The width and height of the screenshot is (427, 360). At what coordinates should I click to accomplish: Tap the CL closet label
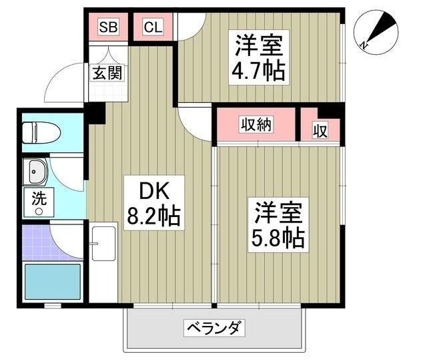pos(152,27)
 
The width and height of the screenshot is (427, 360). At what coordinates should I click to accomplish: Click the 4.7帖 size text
pos(259,70)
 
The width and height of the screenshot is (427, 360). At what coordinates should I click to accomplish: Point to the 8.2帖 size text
pos(155,217)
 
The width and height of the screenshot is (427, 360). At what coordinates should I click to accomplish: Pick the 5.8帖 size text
pos(279,237)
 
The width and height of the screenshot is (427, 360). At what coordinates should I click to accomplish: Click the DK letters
pos(153,191)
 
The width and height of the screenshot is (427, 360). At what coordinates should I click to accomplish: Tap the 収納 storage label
pos(256,125)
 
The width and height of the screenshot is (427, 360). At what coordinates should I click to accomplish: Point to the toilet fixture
pos(41,133)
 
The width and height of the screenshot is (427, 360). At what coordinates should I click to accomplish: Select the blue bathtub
pos(52,283)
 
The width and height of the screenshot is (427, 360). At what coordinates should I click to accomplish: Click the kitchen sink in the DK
pos(103,243)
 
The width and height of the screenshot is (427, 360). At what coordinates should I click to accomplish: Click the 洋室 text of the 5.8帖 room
pos(278,212)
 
